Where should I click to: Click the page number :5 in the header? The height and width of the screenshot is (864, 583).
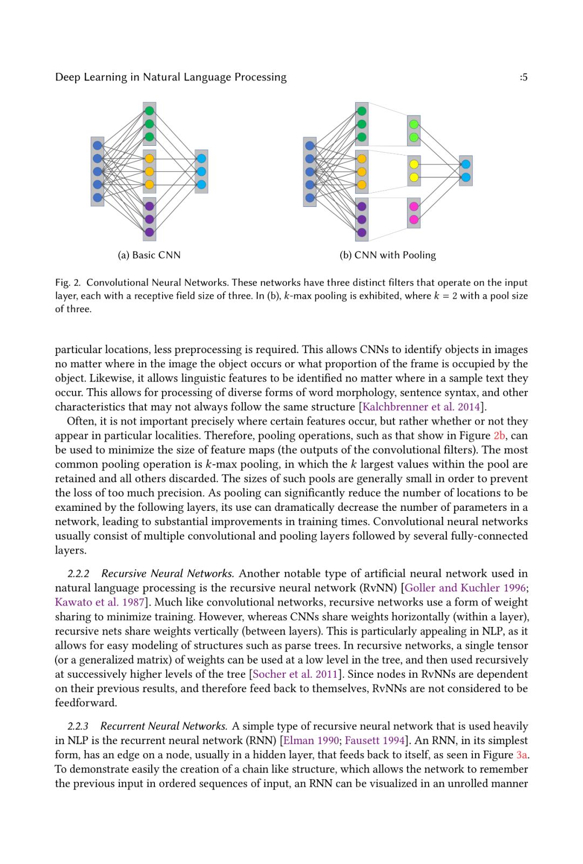523,77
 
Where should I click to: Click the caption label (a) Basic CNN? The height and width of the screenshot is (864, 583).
149,255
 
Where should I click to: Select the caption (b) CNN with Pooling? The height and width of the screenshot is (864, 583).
387,255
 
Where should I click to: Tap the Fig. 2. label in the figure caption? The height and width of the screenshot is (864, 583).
67,282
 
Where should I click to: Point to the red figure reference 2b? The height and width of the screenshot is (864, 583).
499,435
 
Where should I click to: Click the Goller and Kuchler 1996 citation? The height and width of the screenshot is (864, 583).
465,588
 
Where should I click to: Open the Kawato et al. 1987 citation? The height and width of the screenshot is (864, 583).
100,602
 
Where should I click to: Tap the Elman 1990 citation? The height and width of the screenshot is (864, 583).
311,740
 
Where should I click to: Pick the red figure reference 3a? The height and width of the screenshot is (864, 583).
521,755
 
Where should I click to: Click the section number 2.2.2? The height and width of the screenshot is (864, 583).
78,573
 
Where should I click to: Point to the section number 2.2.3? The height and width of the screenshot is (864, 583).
78,726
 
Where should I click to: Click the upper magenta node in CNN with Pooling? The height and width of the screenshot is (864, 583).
414,206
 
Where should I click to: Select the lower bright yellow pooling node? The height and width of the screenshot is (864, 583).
414,177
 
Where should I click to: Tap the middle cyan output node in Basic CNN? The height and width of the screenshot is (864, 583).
201,172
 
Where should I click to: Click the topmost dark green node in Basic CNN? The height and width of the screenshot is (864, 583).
150,111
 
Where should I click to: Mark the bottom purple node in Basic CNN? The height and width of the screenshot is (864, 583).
150,232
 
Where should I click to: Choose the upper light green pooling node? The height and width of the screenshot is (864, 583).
414,124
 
